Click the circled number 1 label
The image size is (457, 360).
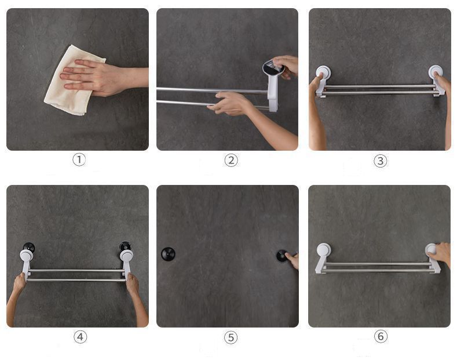pyautogui.click(x=79, y=159)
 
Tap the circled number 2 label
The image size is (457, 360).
pyautogui.click(x=231, y=160)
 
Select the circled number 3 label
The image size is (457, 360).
pyautogui.click(x=381, y=161)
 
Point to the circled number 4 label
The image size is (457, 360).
pyautogui.click(x=80, y=337)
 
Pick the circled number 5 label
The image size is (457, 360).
pyautogui.click(x=231, y=337)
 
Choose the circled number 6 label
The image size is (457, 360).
pyautogui.click(x=381, y=336)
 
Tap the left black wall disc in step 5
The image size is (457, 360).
pyautogui.click(x=168, y=254)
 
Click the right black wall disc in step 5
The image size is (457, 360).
pyautogui.click(x=282, y=256)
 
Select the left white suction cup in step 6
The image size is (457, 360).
pyautogui.click(x=324, y=250)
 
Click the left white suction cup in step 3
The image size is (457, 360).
pyautogui.click(x=323, y=72)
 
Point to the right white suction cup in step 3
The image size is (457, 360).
pyautogui.click(x=436, y=71)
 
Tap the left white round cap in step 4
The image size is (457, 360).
pyautogui.click(x=27, y=256)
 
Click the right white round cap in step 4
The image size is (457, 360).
pyautogui.click(x=126, y=255)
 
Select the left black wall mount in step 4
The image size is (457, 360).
pyautogui.click(x=29, y=248)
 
